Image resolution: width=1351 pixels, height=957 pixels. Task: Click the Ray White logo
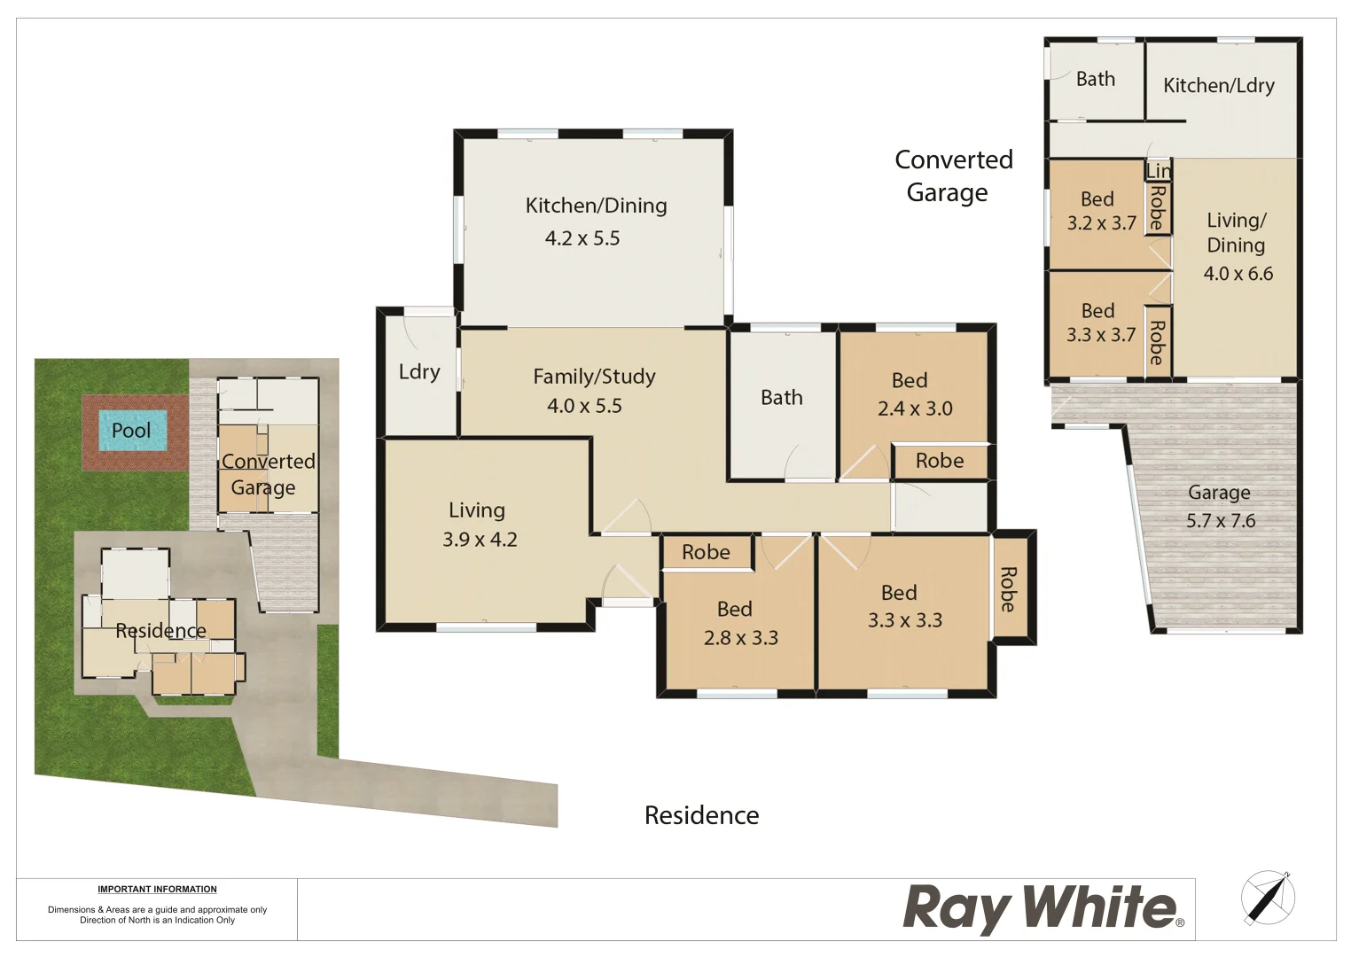[x=1043, y=908]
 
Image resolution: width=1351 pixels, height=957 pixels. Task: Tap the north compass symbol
[x=1268, y=899]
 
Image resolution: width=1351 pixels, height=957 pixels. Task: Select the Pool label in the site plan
[x=131, y=431]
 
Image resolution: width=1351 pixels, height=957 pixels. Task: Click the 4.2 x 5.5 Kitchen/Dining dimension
[x=582, y=238]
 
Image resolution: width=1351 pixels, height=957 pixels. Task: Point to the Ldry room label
[x=419, y=372]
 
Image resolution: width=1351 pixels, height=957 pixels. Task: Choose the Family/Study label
[x=594, y=377]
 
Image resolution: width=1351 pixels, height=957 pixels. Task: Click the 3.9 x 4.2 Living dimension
[x=480, y=540]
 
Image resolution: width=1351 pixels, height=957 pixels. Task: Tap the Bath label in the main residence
[x=782, y=398]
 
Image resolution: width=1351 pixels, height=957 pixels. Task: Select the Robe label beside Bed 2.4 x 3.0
[x=940, y=461]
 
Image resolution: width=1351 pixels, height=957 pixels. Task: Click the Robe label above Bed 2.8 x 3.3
[x=706, y=552]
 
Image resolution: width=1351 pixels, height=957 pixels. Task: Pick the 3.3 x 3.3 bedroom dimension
[x=905, y=620]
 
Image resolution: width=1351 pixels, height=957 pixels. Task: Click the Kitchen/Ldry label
[x=1219, y=86]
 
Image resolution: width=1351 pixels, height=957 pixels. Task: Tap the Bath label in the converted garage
[x=1096, y=79]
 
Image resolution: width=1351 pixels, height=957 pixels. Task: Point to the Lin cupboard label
[x=1158, y=170]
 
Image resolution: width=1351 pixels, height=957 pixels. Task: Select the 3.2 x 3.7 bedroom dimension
[x=1102, y=223]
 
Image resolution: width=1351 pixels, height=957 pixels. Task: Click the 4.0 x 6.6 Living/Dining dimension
[x=1238, y=274]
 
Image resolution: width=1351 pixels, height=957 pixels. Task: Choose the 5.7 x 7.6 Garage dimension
[x=1221, y=521]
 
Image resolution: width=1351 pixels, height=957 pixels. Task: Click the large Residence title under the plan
[x=701, y=815]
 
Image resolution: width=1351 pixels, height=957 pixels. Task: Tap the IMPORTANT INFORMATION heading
[x=157, y=889]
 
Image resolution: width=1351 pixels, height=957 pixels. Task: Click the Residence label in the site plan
[x=160, y=631]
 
